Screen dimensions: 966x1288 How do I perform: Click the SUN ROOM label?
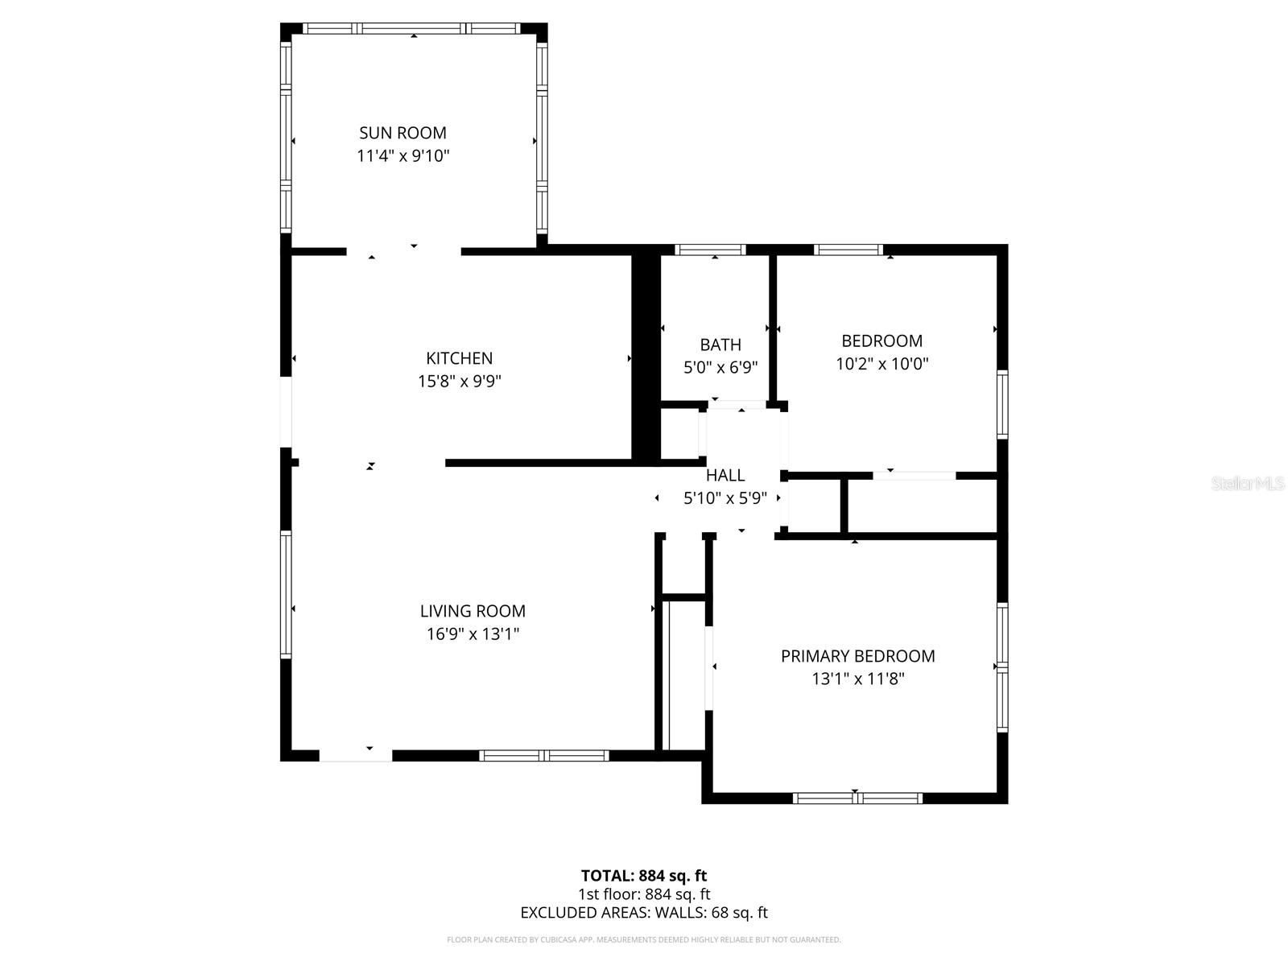(402, 133)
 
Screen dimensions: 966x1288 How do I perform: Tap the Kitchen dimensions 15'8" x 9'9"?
(460, 381)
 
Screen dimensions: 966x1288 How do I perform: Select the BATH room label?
(720, 345)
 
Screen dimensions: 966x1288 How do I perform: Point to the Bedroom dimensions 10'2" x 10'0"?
(882, 364)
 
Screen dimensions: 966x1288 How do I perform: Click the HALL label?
(725, 475)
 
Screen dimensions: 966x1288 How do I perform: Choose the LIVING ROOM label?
(473, 611)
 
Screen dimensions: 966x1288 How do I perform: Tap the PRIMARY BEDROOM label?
(857, 656)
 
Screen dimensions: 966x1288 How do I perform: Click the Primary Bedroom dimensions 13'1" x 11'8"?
(858, 679)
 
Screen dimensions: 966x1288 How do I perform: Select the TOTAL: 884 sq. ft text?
(644, 875)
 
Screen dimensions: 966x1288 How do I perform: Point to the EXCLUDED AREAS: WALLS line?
(644, 913)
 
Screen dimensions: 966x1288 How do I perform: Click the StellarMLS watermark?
(1248, 483)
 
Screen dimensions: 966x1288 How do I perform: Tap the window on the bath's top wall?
(710, 250)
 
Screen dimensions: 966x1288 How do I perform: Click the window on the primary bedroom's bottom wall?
(857, 798)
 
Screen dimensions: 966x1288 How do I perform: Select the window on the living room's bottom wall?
(544, 755)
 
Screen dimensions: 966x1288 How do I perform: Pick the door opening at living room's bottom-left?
(356, 755)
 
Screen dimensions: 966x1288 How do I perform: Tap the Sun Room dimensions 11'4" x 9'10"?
(402, 155)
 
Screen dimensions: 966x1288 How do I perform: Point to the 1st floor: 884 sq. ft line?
(644, 894)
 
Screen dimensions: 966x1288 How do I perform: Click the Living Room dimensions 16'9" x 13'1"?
(473, 634)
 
